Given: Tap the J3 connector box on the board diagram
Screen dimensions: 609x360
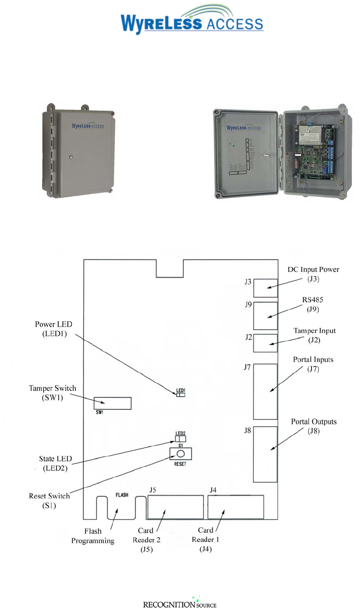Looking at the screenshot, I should coord(265,288).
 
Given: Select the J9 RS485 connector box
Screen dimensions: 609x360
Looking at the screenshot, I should coord(265,316).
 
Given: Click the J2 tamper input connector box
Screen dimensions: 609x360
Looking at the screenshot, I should coord(265,343).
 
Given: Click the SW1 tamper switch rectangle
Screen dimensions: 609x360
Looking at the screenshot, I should coord(113,403).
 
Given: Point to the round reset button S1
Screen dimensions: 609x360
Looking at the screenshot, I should coord(180,454).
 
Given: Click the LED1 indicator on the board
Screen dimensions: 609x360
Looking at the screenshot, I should coord(180,395).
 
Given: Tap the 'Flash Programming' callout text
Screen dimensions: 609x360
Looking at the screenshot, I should coord(93,537).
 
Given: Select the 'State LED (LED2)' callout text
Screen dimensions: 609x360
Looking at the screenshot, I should coord(54,463).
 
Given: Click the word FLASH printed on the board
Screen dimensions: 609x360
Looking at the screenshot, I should coord(123,494).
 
